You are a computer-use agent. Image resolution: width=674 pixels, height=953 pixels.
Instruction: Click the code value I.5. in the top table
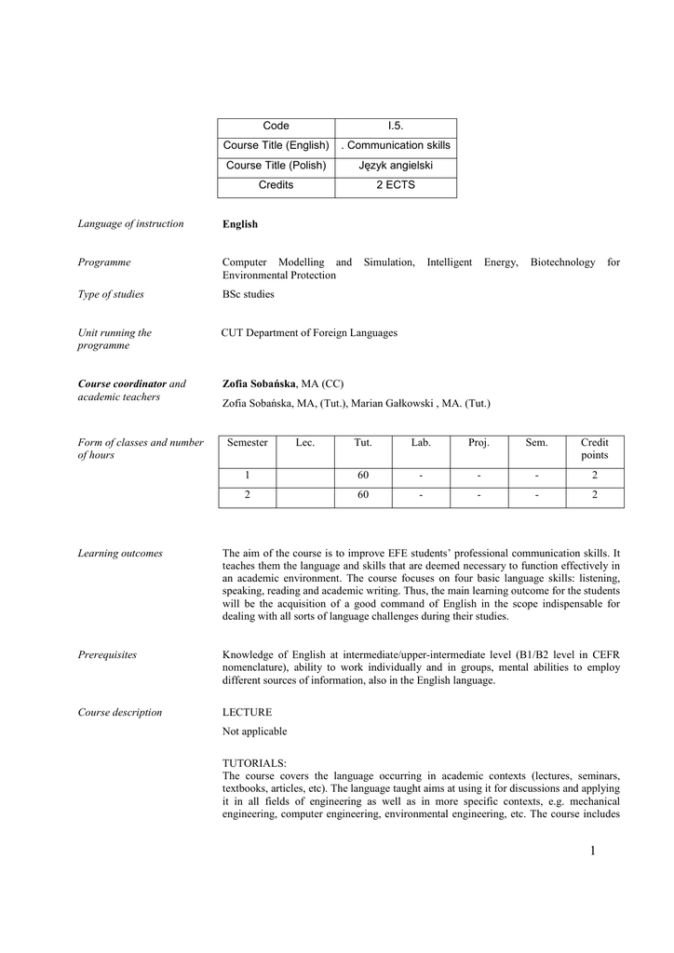(395, 126)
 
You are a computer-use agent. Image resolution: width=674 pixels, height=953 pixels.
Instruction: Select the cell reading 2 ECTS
(395, 185)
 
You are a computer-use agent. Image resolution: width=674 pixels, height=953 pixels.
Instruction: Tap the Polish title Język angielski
(395, 166)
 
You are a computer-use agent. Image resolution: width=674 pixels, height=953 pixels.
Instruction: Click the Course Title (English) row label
(276, 145)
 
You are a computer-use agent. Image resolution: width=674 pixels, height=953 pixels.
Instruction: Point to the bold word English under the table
(240, 224)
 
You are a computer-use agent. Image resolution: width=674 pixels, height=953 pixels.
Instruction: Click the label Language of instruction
(130, 223)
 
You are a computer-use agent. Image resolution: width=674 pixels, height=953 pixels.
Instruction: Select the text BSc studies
(248, 294)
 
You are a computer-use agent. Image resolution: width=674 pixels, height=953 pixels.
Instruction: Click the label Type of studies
(111, 294)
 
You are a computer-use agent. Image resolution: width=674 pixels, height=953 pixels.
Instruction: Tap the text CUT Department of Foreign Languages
(309, 332)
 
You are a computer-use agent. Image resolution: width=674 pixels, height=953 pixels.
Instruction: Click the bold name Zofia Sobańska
(259, 383)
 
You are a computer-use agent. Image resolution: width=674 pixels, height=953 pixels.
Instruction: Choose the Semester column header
(248, 443)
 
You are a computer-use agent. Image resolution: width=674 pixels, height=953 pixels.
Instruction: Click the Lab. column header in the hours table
(421, 443)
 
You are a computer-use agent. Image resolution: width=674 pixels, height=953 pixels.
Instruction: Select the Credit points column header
(594, 449)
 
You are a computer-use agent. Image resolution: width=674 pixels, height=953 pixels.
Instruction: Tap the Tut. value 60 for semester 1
(363, 476)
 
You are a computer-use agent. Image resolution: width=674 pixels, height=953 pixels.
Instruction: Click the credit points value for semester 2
(594, 495)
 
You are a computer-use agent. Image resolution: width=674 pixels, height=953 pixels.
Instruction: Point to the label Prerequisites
(107, 655)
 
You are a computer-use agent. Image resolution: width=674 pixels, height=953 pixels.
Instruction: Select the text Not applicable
(255, 732)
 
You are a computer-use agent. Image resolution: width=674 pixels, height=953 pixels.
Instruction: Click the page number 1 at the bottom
(590, 851)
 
